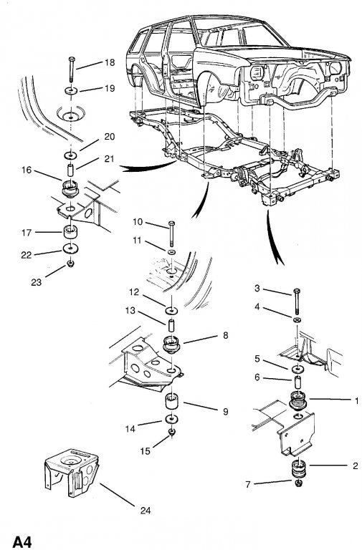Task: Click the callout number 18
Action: (x=110, y=62)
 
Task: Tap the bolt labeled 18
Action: (x=72, y=70)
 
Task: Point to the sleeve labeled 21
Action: (x=71, y=170)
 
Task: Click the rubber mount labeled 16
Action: (x=70, y=189)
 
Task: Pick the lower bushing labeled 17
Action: (x=70, y=233)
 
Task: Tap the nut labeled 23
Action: (x=70, y=263)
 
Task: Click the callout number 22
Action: (x=27, y=255)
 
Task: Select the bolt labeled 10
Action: (x=171, y=234)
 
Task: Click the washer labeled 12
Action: (x=171, y=311)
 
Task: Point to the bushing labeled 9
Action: (x=172, y=402)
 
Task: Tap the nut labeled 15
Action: (x=172, y=432)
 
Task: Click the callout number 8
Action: (x=225, y=335)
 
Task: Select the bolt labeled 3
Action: (x=297, y=302)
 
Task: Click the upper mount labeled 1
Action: (x=298, y=401)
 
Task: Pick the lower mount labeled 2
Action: (x=300, y=469)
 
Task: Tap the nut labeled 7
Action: (x=299, y=484)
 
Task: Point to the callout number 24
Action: (x=146, y=511)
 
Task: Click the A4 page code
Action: (x=22, y=542)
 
